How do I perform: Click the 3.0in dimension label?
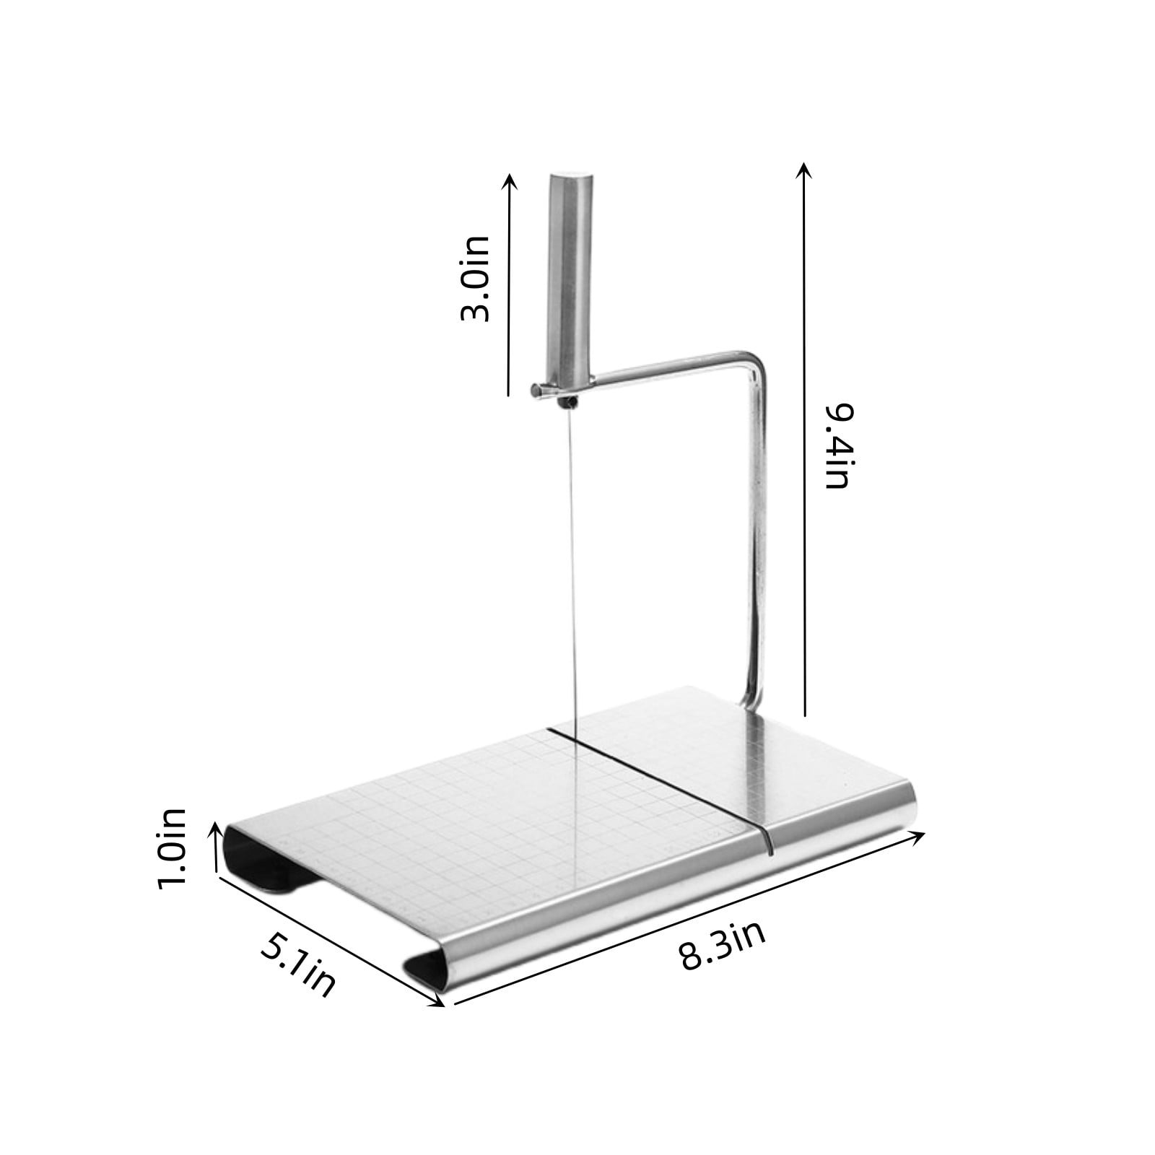pos(475,277)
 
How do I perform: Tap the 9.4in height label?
pos(838,445)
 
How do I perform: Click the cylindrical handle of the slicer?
pos(570,282)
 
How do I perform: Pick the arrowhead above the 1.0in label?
pos(214,827)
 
